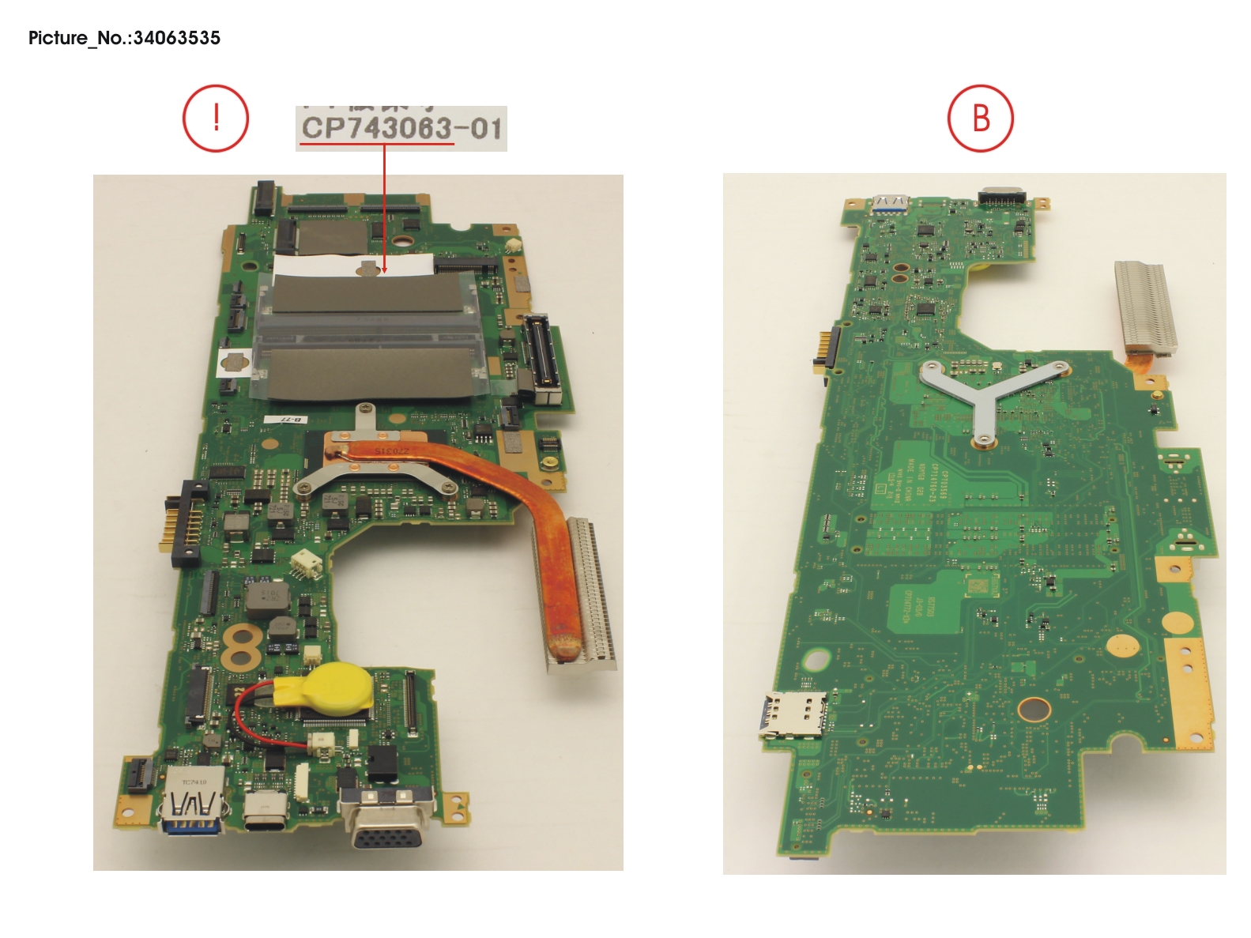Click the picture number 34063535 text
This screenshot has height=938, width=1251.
tap(124, 38)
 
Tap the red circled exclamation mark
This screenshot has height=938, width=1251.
tap(216, 119)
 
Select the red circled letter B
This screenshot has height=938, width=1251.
tap(980, 119)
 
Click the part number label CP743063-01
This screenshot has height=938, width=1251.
tap(401, 128)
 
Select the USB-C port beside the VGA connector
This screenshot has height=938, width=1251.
tap(266, 810)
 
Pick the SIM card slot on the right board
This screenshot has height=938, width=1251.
tap(793, 714)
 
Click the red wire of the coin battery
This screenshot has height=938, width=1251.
tap(241, 715)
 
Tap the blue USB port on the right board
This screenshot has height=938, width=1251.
tap(890, 205)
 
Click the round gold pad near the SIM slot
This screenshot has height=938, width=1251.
tap(1033, 709)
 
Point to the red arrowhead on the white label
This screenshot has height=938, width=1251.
tap(384, 270)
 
